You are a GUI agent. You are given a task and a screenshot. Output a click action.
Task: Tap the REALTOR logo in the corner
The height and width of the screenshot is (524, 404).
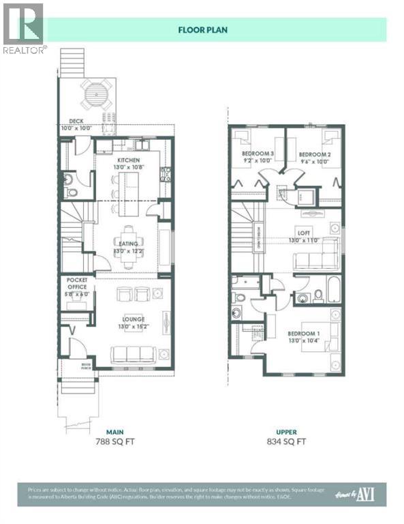[x=23, y=27]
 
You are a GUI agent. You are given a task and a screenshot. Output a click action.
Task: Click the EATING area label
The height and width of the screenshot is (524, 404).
[x=127, y=244]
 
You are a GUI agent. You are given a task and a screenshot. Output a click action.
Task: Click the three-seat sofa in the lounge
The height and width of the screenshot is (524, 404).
[x=133, y=353]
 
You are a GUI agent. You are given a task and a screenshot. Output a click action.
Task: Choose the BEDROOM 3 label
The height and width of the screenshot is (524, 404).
[x=258, y=154]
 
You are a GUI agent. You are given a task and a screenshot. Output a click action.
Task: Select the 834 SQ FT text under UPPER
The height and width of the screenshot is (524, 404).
[x=286, y=441]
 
